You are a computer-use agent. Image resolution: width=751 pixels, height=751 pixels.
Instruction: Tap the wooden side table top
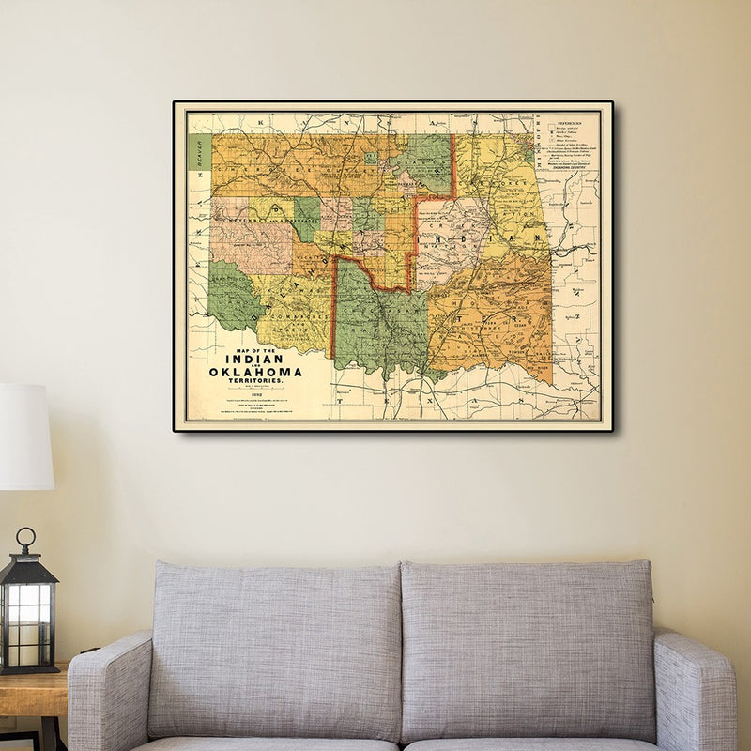click(33, 690)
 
